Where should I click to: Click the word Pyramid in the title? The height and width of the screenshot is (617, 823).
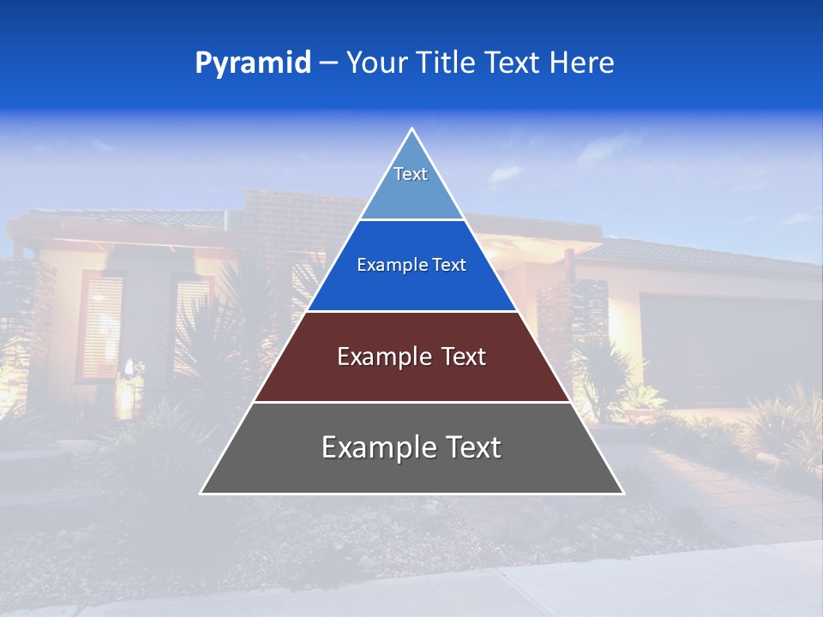click(253, 63)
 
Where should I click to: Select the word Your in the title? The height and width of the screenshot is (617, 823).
click(376, 63)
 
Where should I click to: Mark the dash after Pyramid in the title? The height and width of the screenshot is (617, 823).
click(327, 63)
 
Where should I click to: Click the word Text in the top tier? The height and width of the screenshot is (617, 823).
click(411, 174)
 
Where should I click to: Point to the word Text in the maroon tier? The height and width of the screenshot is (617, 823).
click(464, 356)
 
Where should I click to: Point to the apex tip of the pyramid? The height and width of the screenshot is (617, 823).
click(411, 129)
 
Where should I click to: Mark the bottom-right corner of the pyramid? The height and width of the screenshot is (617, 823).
click(622, 493)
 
